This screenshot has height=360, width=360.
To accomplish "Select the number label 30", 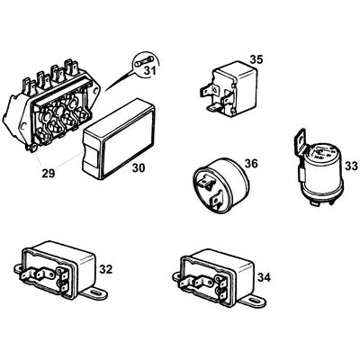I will click(138, 167).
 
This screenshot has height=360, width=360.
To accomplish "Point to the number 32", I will click(105, 268).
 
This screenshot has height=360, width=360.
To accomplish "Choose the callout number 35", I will click(256, 59).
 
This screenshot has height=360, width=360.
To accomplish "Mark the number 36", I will click(251, 163).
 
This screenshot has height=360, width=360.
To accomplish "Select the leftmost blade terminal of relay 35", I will click(202, 90).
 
